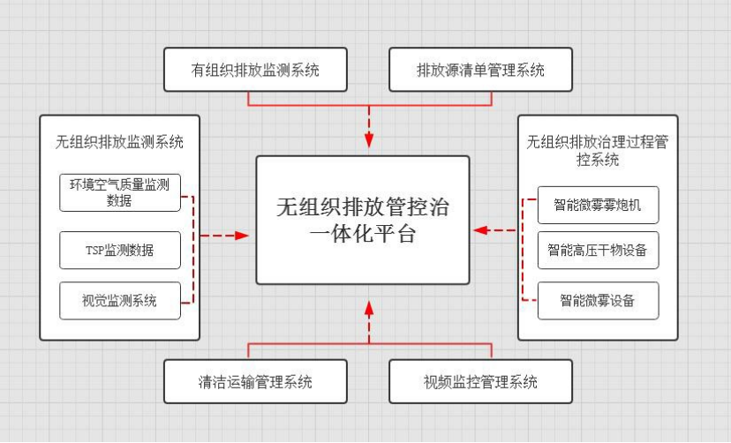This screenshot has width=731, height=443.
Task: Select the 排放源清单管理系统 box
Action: coord(481,70)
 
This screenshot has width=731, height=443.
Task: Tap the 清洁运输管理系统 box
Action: coord(255,382)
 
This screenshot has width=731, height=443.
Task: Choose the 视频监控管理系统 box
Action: coord(481,382)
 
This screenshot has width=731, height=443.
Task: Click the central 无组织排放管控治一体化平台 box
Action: coord(363,221)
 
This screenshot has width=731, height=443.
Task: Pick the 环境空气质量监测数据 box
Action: coord(120,192)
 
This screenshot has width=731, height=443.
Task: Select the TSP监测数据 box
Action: coord(120,251)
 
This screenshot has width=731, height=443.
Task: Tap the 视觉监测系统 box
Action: coord(120,301)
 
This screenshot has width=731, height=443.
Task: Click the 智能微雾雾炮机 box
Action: coord(599,206)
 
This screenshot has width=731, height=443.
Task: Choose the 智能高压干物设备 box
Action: coord(599,251)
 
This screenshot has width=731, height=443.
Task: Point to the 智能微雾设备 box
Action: coord(599,300)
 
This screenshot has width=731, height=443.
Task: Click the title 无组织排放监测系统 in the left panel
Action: coord(120,141)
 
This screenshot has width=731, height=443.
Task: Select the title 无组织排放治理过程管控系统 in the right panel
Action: coord(598,150)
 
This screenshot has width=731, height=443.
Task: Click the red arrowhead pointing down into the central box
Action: coord(369,141)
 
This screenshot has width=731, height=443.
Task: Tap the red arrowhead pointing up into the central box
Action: coord(369,309)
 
